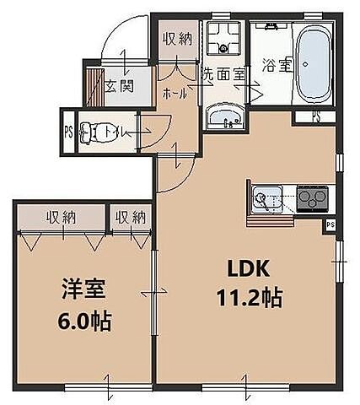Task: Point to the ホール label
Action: coord(175,94)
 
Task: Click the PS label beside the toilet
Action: coord(68,132)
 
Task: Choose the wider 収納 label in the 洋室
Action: coord(61,217)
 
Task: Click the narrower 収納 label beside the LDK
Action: coord(131,217)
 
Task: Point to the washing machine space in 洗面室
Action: coord(225,36)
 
